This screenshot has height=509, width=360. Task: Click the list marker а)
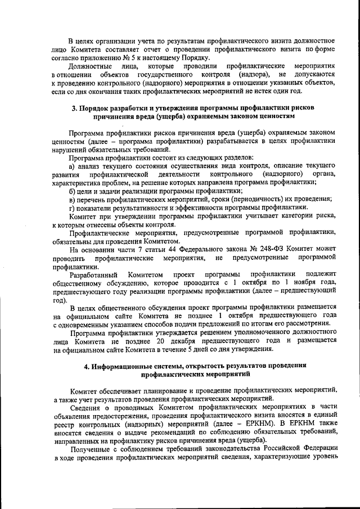(73, 166)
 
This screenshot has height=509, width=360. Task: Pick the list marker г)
(72, 208)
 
